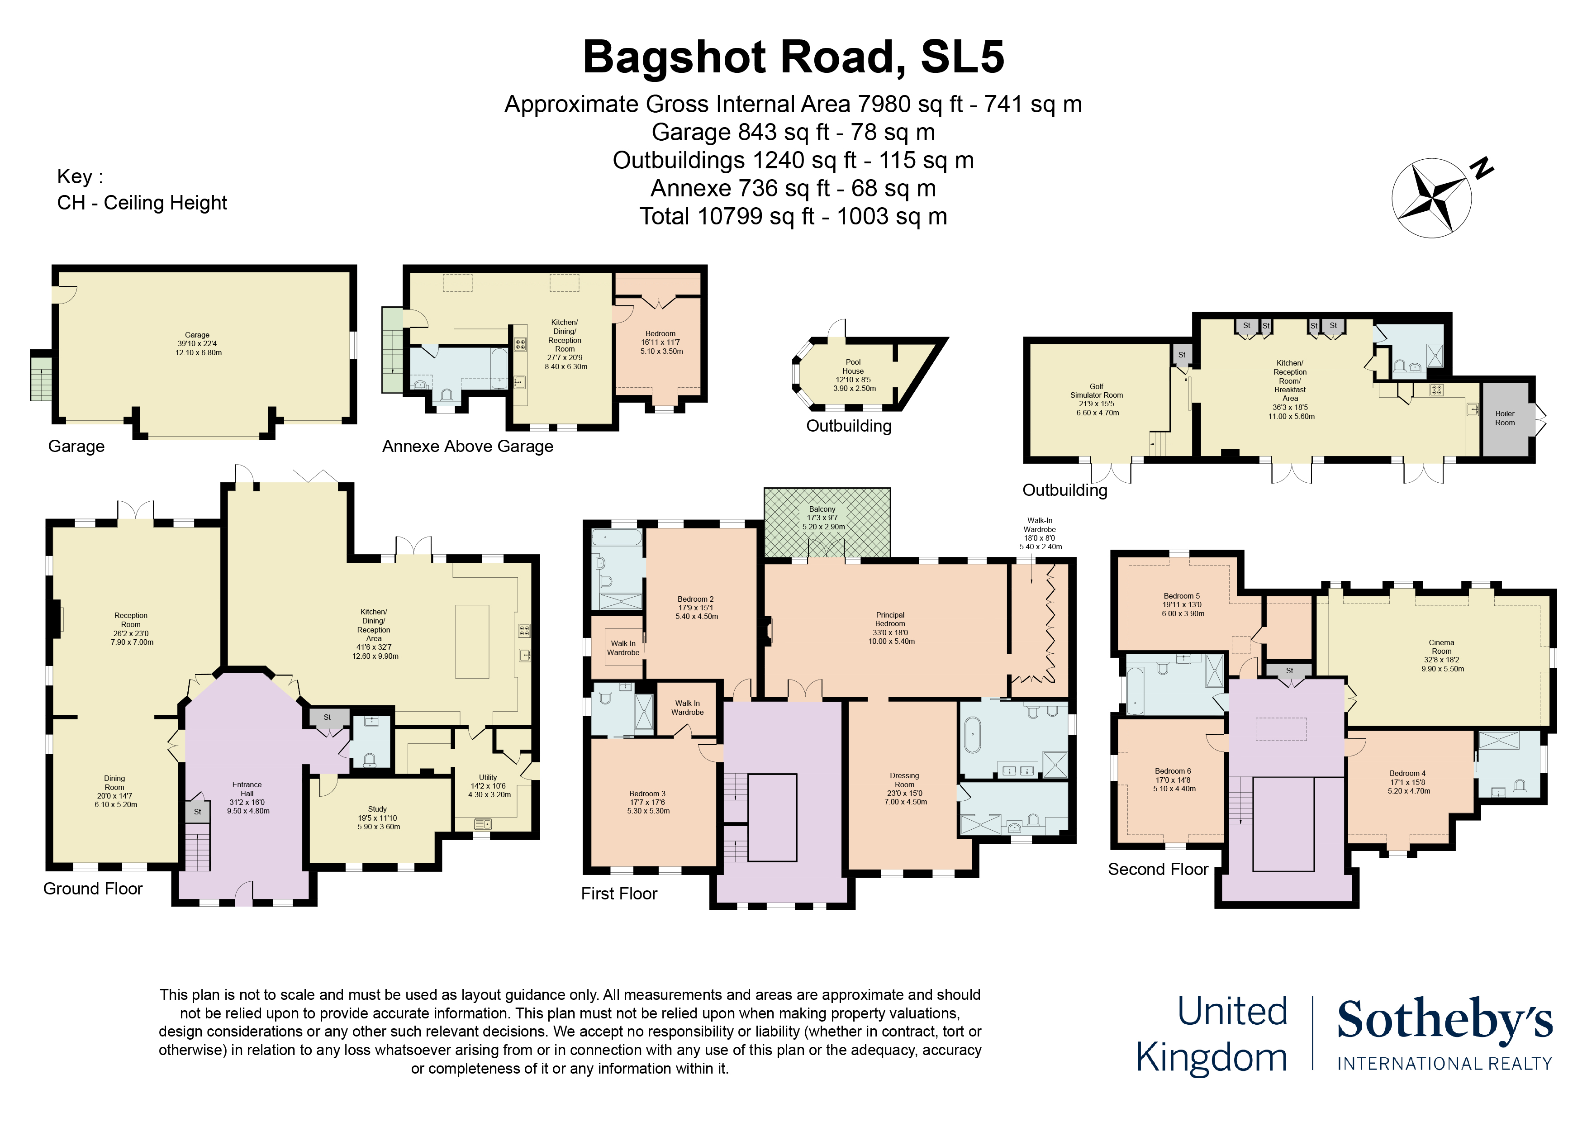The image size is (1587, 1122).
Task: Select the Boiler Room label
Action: (x=1505, y=418)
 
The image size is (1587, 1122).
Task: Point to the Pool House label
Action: (x=853, y=366)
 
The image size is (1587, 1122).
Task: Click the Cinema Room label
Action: (x=1441, y=647)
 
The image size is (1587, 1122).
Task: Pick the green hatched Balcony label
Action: (x=822, y=509)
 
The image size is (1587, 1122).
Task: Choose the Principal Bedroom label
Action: (x=890, y=619)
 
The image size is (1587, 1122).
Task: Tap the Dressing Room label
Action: (x=904, y=780)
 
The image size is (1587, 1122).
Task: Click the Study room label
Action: (x=377, y=809)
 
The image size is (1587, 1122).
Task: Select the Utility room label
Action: (x=488, y=777)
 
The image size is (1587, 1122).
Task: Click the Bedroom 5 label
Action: (x=1182, y=596)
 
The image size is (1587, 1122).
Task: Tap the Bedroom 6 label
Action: (x=1173, y=771)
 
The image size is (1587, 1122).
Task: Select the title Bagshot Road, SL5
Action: (x=793, y=57)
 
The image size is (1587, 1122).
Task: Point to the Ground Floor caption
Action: (x=93, y=889)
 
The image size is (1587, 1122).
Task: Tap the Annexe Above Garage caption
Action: (x=468, y=446)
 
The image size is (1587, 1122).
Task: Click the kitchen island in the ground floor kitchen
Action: (x=472, y=642)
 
